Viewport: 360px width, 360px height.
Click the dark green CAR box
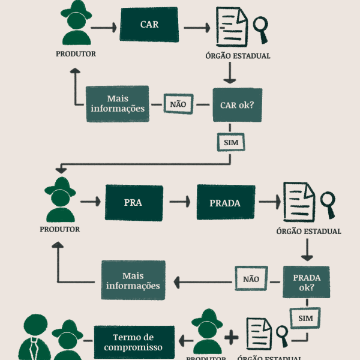(x=149, y=25)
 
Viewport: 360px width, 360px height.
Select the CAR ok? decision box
(x=238, y=104)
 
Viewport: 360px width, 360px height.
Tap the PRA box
(x=133, y=202)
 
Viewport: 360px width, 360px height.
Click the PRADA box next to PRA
(x=225, y=203)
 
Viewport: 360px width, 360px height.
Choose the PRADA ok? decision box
(x=307, y=282)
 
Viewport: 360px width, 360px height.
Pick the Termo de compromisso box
(x=133, y=343)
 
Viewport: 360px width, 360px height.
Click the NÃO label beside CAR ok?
(x=178, y=104)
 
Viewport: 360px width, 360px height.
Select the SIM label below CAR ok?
(x=231, y=143)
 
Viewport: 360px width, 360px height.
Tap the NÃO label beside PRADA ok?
(x=251, y=279)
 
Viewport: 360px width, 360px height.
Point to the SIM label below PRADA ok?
(x=305, y=318)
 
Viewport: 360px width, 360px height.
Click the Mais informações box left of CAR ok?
(x=118, y=104)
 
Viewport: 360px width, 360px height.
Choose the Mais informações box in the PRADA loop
(x=133, y=280)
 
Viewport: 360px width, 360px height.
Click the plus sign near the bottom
(x=231, y=337)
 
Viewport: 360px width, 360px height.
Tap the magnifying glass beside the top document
(x=261, y=28)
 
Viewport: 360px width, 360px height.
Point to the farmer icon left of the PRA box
(x=60, y=200)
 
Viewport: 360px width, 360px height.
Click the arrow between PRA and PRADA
(x=179, y=202)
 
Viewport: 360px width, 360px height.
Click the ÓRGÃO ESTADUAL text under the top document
(x=238, y=56)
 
